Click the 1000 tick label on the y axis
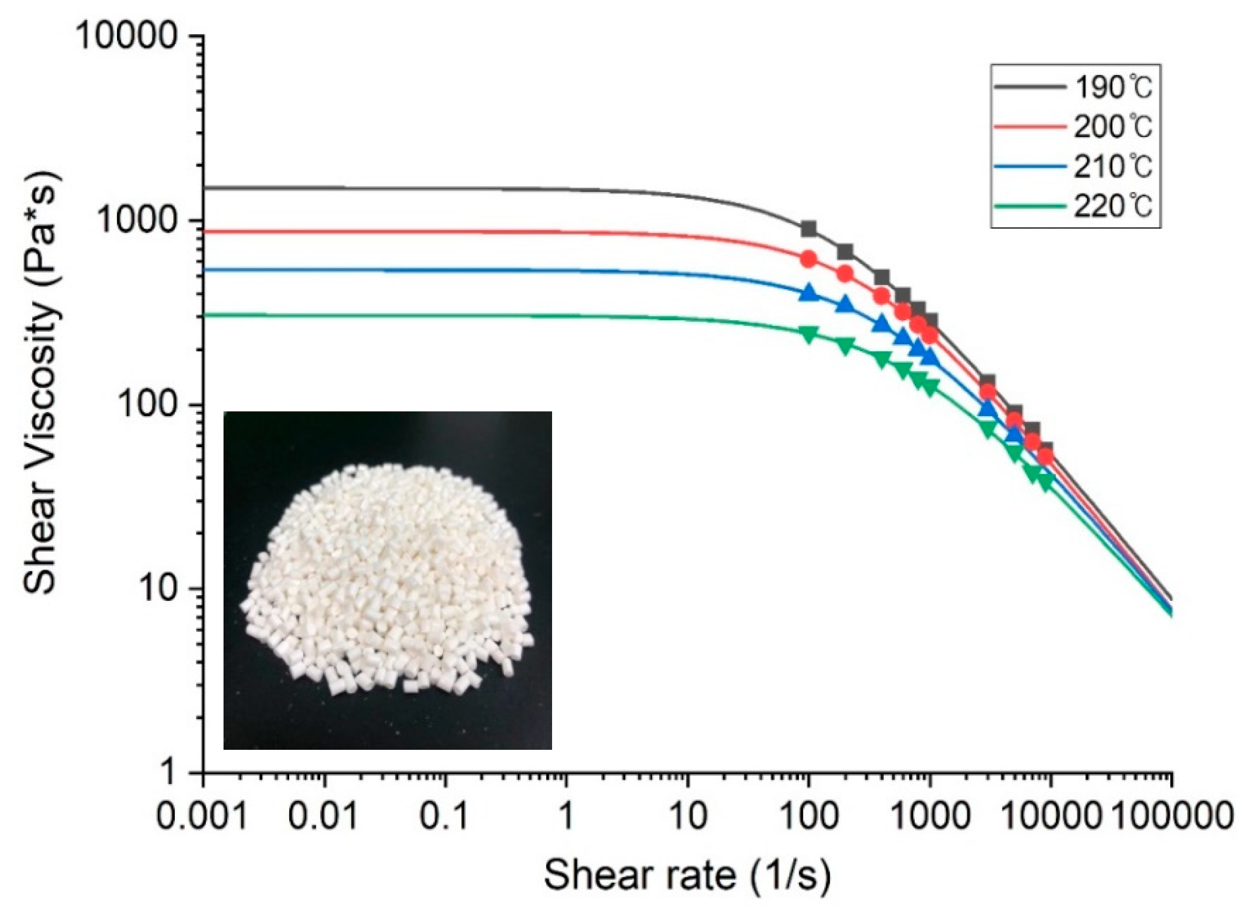point(139,221)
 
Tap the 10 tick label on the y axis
point(161,589)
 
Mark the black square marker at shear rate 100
point(809,228)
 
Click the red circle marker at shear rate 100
point(809,259)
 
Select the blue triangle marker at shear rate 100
point(809,293)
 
